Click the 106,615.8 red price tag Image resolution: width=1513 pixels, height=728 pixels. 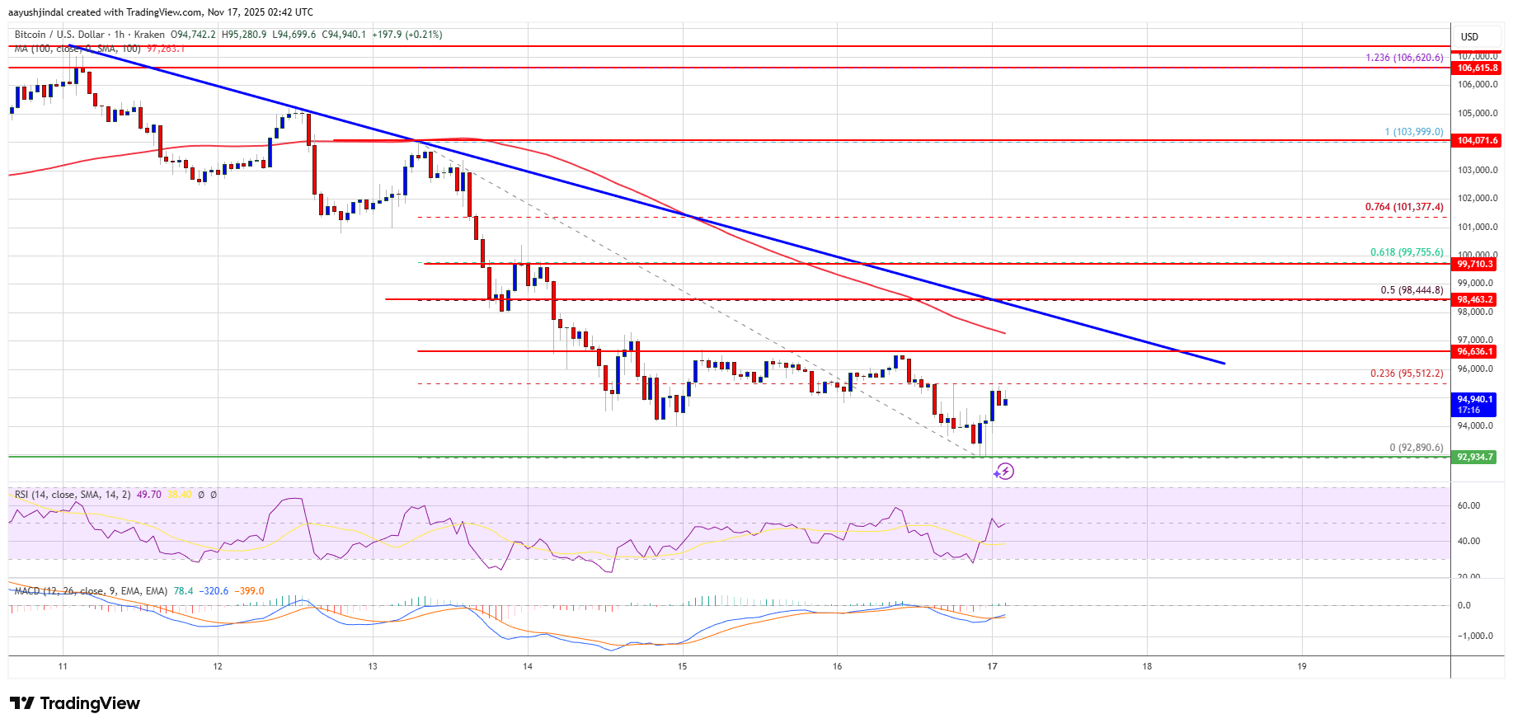1477,68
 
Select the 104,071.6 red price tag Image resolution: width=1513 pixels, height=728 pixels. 1477,140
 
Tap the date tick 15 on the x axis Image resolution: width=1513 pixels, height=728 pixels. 683,666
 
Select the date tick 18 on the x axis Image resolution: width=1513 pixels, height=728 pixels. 1147,666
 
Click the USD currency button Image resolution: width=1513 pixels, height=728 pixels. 1469,36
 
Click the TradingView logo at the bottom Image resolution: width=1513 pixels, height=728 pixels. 75,703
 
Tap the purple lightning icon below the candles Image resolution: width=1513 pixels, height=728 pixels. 1003,472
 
